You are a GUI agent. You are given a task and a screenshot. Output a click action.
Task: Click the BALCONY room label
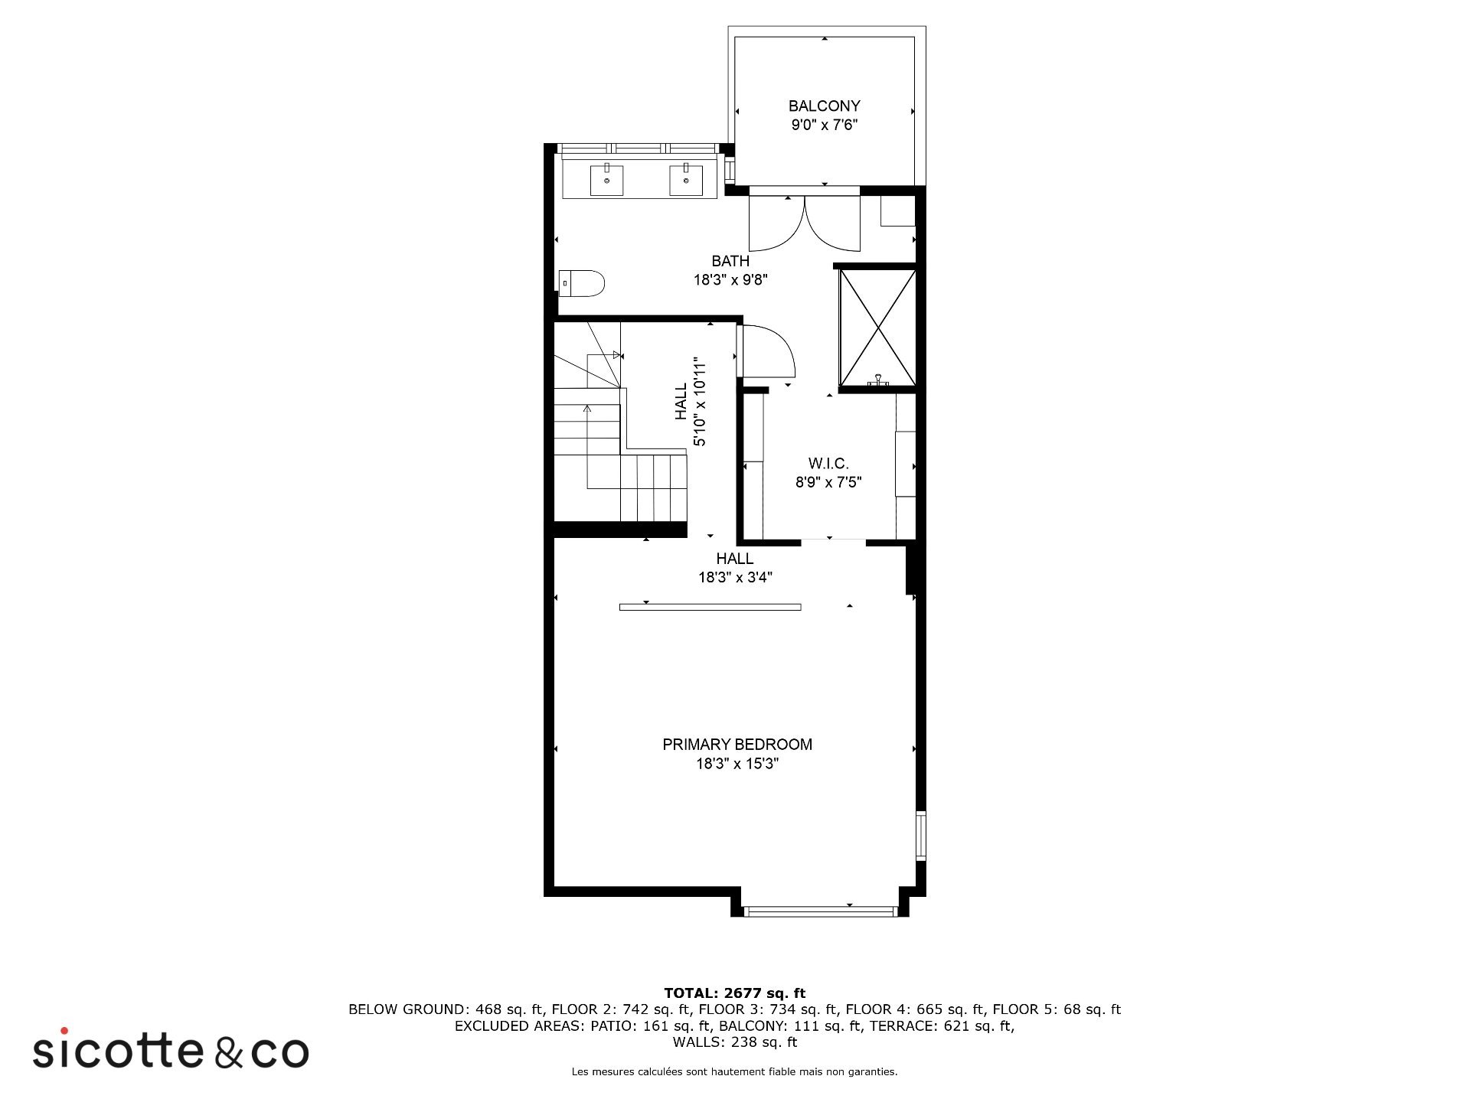pyautogui.click(x=825, y=106)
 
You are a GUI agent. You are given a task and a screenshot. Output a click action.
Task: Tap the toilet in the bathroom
pyautogui.click(x=582, y=283)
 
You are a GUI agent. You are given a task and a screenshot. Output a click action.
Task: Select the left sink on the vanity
pyautogui.click(x=606, y=180)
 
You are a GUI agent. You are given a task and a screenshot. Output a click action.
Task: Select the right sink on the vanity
pyautogui.click(x=686, y=180)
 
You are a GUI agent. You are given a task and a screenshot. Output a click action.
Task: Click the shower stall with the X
pyautogui.click(x=877, y=328)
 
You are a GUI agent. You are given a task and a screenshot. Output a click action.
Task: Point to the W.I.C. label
pyautogui.click(x=828, y=464)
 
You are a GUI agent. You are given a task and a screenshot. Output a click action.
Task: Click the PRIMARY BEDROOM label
pyautogui.click(x=737, y=744)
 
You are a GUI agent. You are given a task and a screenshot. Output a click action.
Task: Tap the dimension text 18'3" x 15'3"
pyautogui.click(x=737, y=764)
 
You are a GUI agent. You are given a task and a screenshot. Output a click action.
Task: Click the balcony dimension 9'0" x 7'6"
pyautogui.click(x=825, y=125)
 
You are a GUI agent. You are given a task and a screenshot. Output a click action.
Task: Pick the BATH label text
pyautogui.click(x=730, y=261)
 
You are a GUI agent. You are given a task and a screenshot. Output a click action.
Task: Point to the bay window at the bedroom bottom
pyautogui.click(x=819, y=911)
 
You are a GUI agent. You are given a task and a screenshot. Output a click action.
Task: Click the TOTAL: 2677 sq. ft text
pyautogui.click(x=735, y=993)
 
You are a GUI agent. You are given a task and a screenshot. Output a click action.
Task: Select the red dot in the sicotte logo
pyautogui.click(x=64, y=1031)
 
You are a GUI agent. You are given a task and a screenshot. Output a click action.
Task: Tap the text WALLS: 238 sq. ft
pyautogui.click(x=735, y=1042)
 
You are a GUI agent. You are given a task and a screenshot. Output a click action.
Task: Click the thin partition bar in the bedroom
pyautogui.click(x=710, y=607)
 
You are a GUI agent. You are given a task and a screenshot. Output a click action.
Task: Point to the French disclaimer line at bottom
pyautogui.click(x=735, y=1072)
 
